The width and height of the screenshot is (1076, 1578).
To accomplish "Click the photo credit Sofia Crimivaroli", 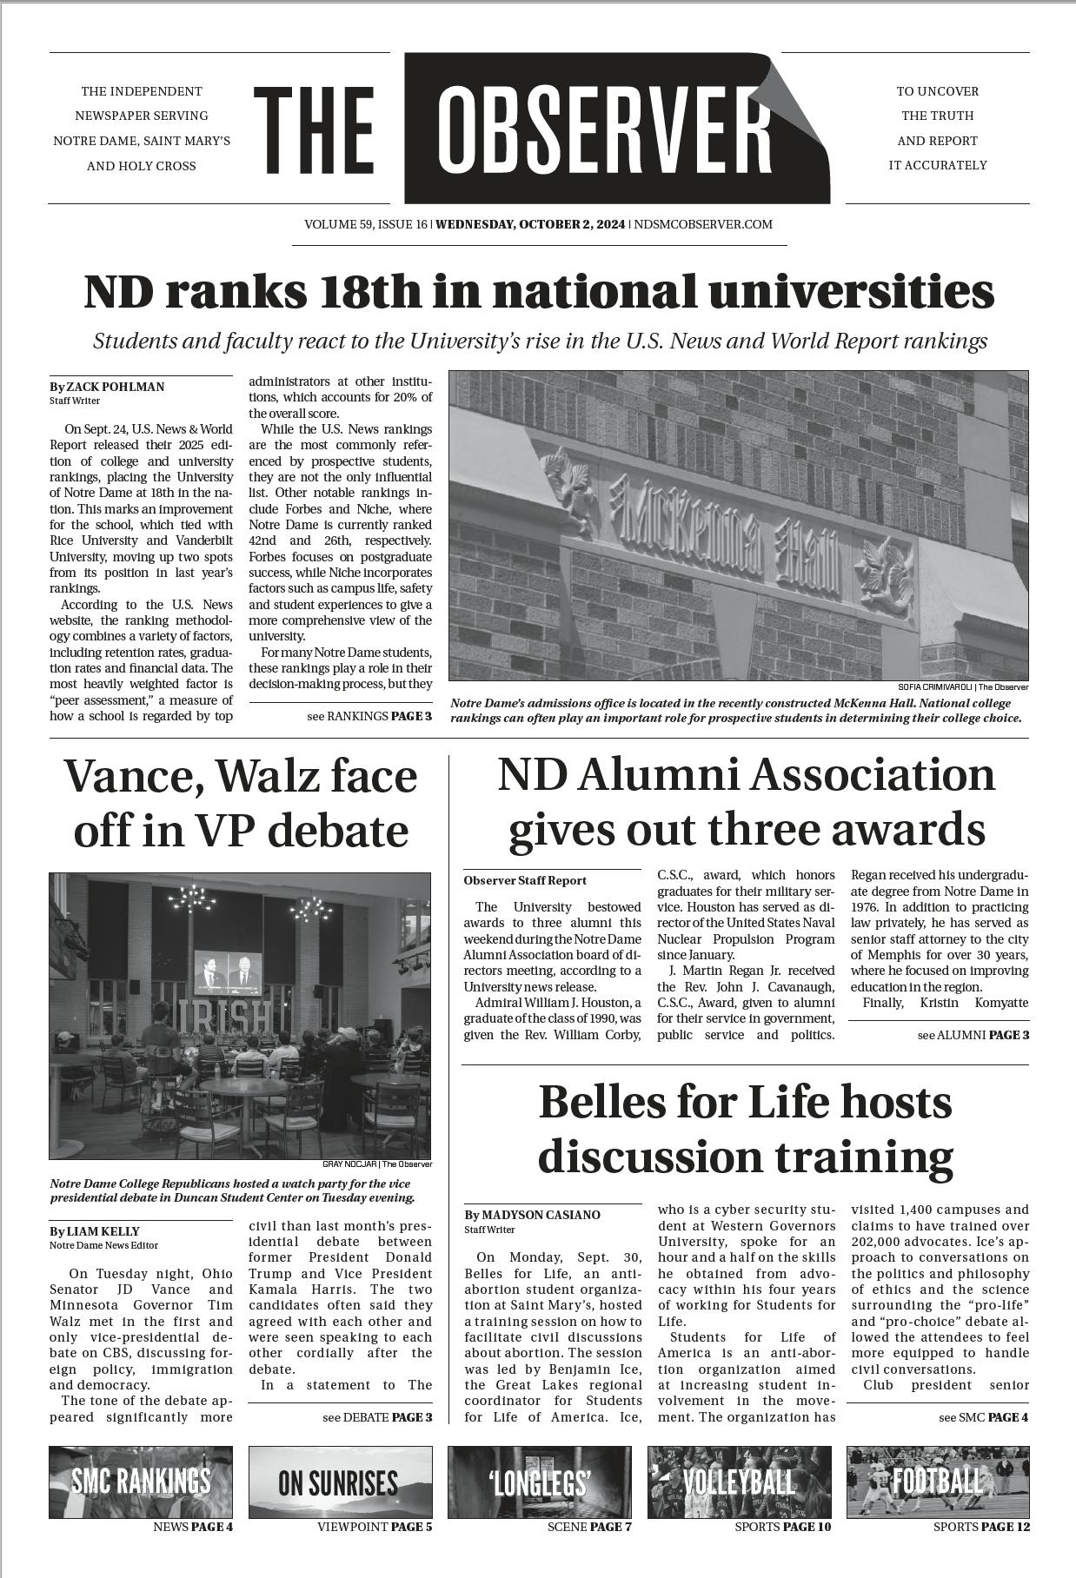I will click(x=963, y=687).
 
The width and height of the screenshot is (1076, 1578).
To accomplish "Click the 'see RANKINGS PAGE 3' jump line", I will click(x=369, y=716).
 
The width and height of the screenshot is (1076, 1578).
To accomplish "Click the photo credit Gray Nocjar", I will click(x=376, y=1164).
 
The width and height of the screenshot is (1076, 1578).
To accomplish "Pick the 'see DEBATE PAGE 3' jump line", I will click(x=376, y=1417).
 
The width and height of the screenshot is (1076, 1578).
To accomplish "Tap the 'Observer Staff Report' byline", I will click(x=525, y=880).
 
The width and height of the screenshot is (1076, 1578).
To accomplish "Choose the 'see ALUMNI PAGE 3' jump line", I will click(x=973, y=1035).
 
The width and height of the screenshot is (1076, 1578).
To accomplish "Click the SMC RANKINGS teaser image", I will click(x=141, y=1482).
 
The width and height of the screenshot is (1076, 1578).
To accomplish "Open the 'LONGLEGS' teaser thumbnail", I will click(x=540, y=1482).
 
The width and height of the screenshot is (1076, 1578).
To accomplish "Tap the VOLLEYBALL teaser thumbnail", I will click(x=739, y=1482).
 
